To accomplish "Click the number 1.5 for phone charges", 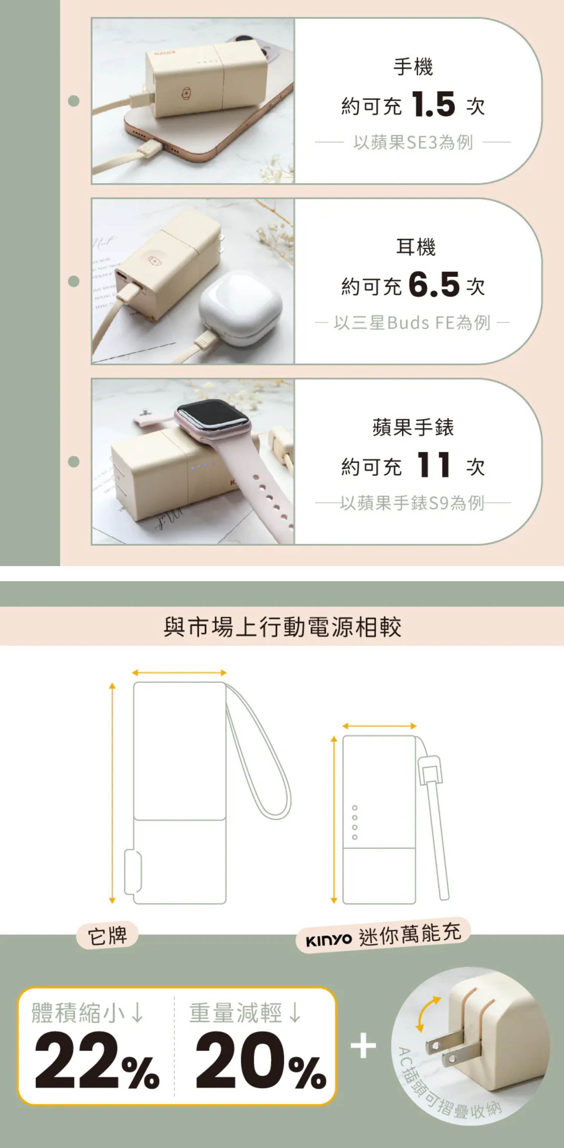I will [433, 105].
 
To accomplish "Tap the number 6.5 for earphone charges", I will [433, 285].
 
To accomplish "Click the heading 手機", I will [413, 67].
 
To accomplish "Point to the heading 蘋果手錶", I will [413, 427].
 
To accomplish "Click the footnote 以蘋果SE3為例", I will [413, 143].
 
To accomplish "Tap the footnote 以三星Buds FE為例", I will [412, 323].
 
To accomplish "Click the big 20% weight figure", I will [260, 1061].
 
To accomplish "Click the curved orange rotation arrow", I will [426, 1014].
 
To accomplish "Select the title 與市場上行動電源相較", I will [282, 627].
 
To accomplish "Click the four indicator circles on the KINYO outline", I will [355, 822].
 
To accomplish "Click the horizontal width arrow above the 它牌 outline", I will [179, 672].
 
